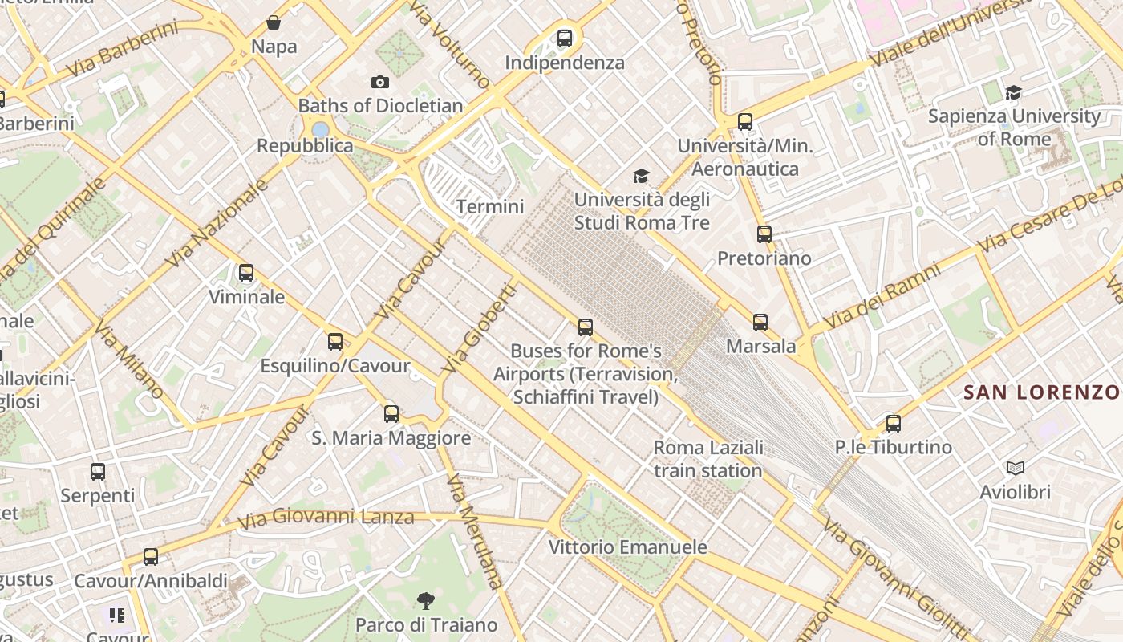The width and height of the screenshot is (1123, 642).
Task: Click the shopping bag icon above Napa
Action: point(274,22)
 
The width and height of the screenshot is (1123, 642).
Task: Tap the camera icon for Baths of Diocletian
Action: point(380,82)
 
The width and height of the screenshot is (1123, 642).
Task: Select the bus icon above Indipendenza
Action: point(565,38)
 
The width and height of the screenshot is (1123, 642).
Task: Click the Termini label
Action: point(489,206)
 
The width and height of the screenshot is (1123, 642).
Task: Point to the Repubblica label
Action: point(305,146)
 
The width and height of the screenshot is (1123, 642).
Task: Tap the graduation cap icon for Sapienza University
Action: point(1013,92)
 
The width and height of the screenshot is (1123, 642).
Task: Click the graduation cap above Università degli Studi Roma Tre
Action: point(641,176)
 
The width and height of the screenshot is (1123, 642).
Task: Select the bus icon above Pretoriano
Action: point(764,234)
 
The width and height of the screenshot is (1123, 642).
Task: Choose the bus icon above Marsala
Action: point(760,323)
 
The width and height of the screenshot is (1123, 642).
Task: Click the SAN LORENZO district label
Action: point(1041,392)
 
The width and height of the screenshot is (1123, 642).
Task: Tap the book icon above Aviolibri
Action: point(1015,468)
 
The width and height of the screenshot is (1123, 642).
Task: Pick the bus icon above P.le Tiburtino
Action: point(893,424)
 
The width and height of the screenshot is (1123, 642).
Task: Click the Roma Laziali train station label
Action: point(707,459)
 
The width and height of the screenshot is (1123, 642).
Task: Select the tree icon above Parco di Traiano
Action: point(426,600)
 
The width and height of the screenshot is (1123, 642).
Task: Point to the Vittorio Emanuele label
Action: point(627,547)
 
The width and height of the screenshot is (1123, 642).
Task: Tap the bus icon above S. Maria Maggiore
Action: point(391,414)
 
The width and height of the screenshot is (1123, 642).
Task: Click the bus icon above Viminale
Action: point(246,273)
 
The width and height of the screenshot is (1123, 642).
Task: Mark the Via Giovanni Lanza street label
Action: point(326,518)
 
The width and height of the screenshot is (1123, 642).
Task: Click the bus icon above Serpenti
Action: point(98,472)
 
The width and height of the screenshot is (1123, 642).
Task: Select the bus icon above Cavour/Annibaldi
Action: point(150,556)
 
